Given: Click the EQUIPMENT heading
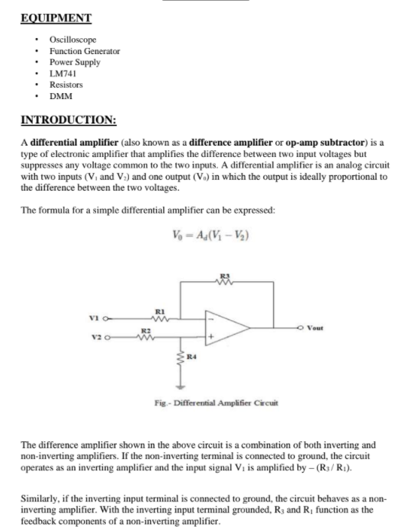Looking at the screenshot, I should click(x=56, y=18).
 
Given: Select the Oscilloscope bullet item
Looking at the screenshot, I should click(x=72, y=39).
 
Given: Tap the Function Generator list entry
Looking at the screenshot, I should click(x=84, y=50).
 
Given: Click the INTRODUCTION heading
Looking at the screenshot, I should click(x=69, y=120).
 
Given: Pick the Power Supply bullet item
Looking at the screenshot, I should click(x=75, y=62).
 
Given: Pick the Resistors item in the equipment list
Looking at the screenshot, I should click(x=66, y=85).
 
